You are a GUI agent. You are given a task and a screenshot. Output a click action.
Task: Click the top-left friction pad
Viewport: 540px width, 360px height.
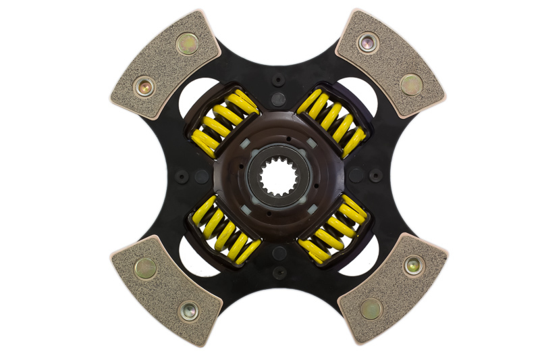tap(165, 65)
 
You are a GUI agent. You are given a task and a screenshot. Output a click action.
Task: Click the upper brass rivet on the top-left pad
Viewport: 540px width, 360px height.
tap(187, 43)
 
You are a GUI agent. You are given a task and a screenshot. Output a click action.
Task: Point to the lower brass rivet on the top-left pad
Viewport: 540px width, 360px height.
tap(144, 86)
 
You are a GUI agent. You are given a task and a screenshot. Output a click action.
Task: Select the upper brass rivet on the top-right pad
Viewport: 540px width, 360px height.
tap(368, 43)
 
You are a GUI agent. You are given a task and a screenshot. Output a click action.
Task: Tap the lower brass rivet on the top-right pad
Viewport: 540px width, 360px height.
tap(411, 84)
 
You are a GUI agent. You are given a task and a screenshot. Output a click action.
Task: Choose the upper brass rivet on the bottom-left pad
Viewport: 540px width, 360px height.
tap(144, 269)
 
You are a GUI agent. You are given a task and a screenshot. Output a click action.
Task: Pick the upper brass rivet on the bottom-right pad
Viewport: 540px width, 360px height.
tap(412, 266)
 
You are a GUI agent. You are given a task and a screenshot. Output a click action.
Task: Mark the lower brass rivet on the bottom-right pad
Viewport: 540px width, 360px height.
tap(369, 309)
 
